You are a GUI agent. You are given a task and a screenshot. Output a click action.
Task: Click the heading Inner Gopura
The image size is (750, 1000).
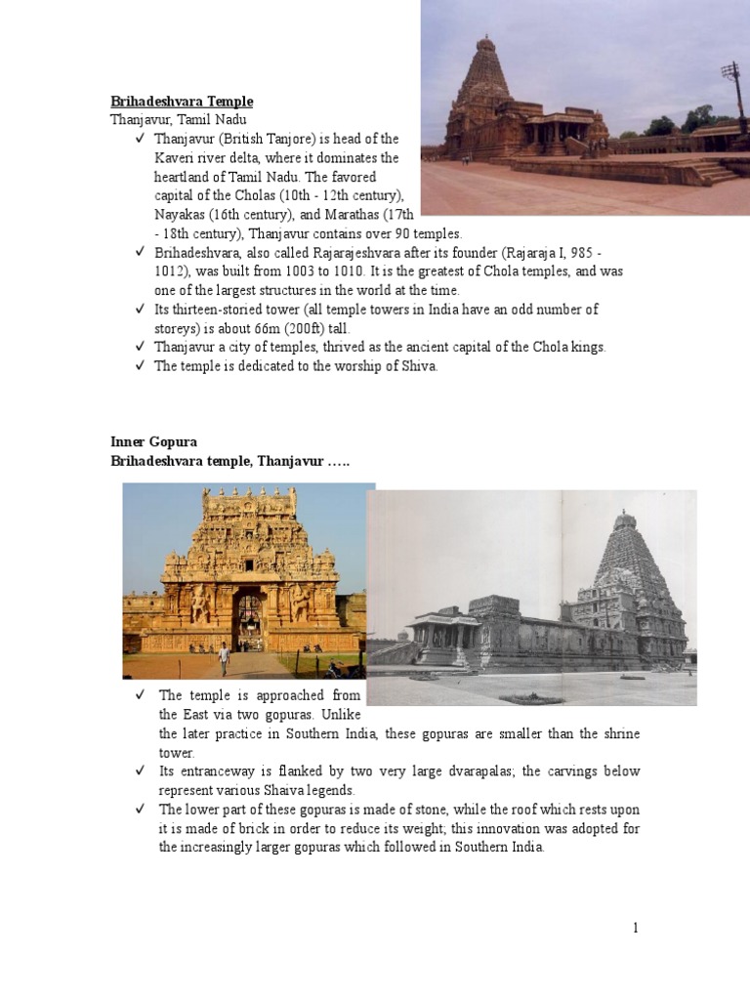tap(153, 442)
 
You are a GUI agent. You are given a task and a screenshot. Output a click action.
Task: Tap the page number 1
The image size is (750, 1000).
tap(635, 928)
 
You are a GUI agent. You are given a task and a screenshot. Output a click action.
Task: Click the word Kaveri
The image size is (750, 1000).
tap(178, 158)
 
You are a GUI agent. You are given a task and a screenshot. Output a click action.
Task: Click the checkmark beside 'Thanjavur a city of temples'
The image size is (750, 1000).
tap(142, 347)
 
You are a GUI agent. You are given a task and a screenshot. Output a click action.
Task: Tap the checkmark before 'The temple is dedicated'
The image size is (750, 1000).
tap(142, 366)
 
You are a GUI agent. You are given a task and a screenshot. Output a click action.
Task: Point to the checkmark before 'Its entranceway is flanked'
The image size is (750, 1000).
tap(142, 771)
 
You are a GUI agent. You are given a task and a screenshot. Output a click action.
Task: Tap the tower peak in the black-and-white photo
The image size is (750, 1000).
tap(625, 513)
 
